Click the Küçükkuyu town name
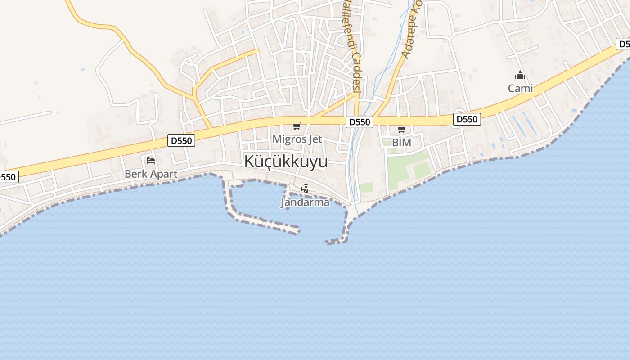[x=286, y=162]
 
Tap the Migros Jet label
[x=297, y=139]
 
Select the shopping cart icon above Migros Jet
[x=297, y=126]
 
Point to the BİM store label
[x=401, y=142]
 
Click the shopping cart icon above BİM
[x=401, y=130]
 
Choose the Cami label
[x=520, y=88]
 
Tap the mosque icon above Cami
[x=520, y=75]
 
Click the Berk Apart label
[x=151, y=174]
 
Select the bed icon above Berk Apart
[x=151, y=161]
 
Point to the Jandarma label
[x=305, y=202]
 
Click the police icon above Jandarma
[x=305, y=189]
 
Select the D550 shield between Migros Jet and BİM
[x=360, y=121]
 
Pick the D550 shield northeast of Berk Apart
[x=181, y=140]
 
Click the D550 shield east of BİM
[x=467, y=119]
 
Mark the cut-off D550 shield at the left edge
[x=8, y=177]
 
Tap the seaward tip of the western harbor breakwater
[x=296, y=231]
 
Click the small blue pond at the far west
[x=83, y=70]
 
